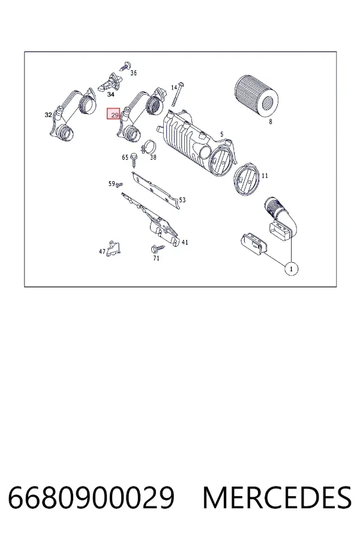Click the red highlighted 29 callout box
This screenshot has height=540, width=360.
(113, 113)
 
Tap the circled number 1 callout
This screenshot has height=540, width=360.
(292, 269)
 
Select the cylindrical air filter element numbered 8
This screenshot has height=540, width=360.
(256, 97)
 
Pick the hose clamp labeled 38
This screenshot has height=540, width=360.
(148, 147)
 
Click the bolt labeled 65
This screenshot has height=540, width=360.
(134, 160)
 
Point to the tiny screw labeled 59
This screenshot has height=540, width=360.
(119, 185)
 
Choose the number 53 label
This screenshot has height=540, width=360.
(182, 200)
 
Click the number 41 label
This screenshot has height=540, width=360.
(185, 242)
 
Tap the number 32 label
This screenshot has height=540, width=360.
(48, 115)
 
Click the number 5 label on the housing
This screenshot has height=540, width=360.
(222, 134)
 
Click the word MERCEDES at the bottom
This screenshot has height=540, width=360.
(277, 497)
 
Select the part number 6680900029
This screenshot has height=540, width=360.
(91, 497)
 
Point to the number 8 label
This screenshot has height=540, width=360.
(271, 122)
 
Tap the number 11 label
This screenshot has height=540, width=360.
(265, 176)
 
